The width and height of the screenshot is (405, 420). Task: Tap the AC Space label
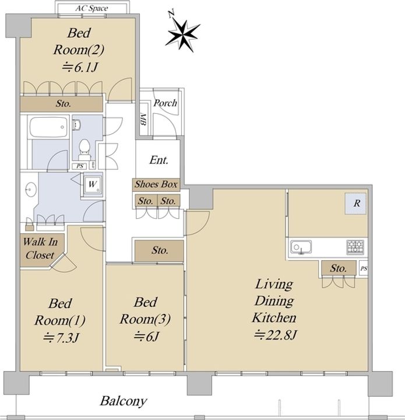click(91, 8)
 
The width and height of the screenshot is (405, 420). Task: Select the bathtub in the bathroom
click(48, 127)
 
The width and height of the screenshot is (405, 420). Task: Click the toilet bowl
click(84, 148)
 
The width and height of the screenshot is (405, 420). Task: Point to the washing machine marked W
click(92, 184)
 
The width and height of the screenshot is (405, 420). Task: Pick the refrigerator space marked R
click(355, 204)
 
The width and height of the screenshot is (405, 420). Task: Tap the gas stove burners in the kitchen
click(355, 247)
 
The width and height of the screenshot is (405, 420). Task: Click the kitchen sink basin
click(301, 247)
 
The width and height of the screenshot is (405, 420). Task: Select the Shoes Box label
click(156, 184)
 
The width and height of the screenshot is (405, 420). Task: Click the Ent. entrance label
click(159, 160)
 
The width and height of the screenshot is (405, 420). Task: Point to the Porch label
click(165, 103)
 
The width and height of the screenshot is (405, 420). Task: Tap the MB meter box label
click(143, 120)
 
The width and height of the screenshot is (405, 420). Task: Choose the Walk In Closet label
click(40, 249)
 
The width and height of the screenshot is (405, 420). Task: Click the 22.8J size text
click(276, 335)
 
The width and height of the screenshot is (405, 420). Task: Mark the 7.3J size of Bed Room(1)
click(61, 338)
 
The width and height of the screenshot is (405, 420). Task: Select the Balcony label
click(124, 401)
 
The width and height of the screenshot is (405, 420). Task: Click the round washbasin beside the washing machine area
click(31, 190)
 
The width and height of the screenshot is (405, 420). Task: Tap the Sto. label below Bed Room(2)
click(64, 103)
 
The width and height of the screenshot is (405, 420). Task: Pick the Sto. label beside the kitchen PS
click(339, 268)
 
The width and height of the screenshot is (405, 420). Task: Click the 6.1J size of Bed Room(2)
click(80, 67)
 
